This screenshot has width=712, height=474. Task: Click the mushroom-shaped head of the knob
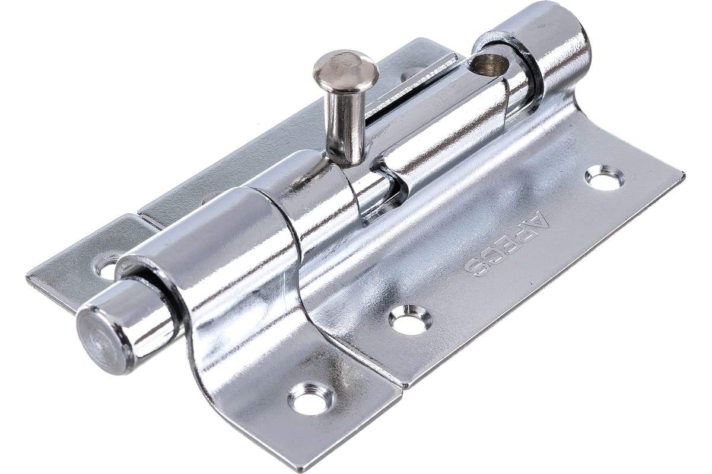point(346,69)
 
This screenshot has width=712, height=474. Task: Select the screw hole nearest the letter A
point(605,178)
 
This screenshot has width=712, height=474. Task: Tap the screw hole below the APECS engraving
point(411,320)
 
